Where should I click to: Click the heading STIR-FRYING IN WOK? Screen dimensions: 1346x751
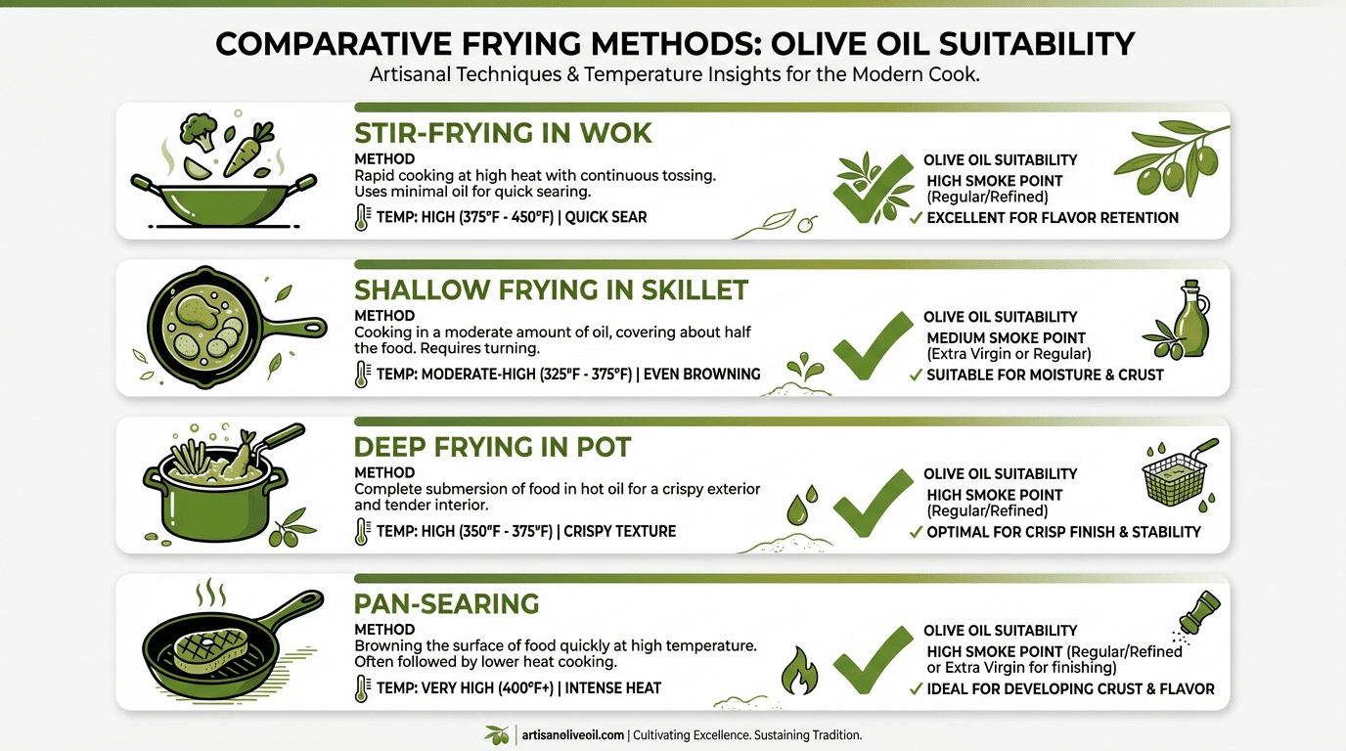[x=503, y=133]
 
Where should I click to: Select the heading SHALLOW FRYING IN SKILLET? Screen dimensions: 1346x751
[x=551, y=289]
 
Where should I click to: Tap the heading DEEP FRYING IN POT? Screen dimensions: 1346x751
[x=492, y=447]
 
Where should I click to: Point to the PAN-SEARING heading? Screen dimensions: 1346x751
[x=446, y=603]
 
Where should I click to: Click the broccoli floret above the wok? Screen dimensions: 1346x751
[x=199, y=132]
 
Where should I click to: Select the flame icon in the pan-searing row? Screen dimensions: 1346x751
[x=799, y=671]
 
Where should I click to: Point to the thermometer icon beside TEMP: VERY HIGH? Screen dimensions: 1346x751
[x=361, y=688]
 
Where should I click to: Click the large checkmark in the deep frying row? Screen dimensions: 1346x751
[x=874, y=504]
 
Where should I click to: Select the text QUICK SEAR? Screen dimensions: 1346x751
[x=606, y=217]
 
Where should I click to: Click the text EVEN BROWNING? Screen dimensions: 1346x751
[x=701, y=375]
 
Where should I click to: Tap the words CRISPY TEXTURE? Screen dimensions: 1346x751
[x=620, y=531]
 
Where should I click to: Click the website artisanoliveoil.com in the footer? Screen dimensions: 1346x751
[x=572, y=734]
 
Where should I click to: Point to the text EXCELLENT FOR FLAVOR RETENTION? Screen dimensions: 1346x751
[x=1053, y=218]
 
